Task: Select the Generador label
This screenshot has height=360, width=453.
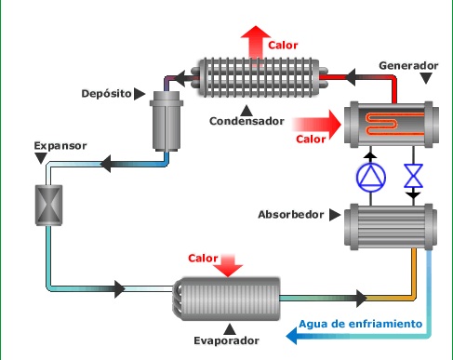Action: tap(408, 67)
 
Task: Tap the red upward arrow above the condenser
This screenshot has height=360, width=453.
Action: tap(252, 42)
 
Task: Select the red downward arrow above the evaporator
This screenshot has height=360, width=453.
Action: tap(226, 264)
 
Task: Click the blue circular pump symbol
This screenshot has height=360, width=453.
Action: tap(369, 176)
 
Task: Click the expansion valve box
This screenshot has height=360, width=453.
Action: tap(46, 203)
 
